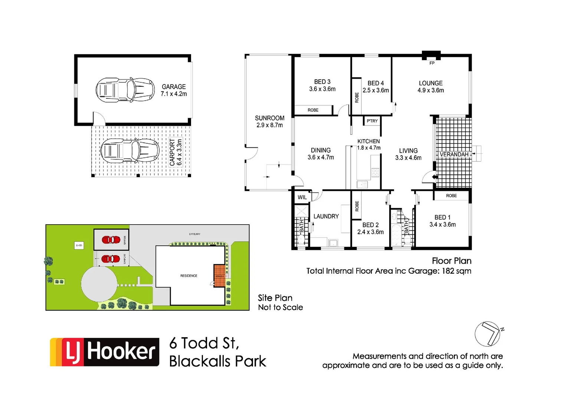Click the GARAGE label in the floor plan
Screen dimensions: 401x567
tap(174, 87)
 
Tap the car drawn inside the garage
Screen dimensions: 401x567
tap(125, 90)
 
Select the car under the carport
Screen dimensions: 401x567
tap(130, 151)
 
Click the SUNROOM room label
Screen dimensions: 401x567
tap(269, 118)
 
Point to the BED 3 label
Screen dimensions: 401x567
tap(322, 82)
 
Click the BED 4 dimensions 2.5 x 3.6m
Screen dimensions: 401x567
tap(376, 90)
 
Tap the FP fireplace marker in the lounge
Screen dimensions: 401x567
tap(432, 63)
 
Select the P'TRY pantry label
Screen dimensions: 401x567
tap(372, 121)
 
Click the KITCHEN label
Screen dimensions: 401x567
tap(368, 141)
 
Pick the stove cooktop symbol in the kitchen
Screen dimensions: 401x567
tap(375, 172)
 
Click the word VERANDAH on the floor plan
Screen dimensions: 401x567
tap(454, 154)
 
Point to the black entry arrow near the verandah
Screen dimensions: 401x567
tap(435, 177)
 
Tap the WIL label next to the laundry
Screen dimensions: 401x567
tap(302, 197)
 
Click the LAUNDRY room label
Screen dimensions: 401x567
tap(326, 216)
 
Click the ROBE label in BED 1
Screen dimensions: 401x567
tap(451, 196)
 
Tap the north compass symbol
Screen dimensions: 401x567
tap(488, 334)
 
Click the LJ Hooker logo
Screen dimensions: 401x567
tap(105, 352)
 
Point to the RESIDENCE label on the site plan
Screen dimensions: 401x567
tap(189, 276)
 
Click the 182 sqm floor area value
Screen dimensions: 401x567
tap(456, 271)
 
